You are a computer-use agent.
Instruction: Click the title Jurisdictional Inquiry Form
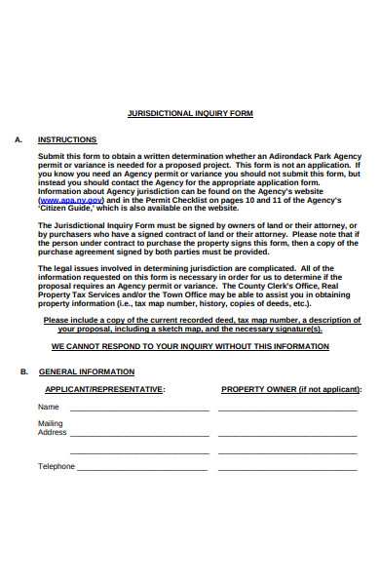pos(190,113)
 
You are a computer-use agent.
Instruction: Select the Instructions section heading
pos(67,139)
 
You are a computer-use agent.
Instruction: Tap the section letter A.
pos(19,139)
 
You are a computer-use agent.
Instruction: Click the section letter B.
pos(24,371)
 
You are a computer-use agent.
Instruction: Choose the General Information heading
pos(86,371)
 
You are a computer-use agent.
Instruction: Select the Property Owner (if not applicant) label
pos(290,389)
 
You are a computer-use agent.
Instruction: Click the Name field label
pos(49,407)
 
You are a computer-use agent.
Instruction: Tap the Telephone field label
pos(57,466)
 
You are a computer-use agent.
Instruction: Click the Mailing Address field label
pos(52,428)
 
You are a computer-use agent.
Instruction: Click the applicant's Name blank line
pos(138,409)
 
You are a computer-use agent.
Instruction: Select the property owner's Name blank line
pos(288,409)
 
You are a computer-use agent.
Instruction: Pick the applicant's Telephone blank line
pos(142,469)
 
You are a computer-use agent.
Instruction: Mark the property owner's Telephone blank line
pos(288,469)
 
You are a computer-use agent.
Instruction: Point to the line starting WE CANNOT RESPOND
pos(190,346)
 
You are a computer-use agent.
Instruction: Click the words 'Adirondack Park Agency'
pos(300,156)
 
